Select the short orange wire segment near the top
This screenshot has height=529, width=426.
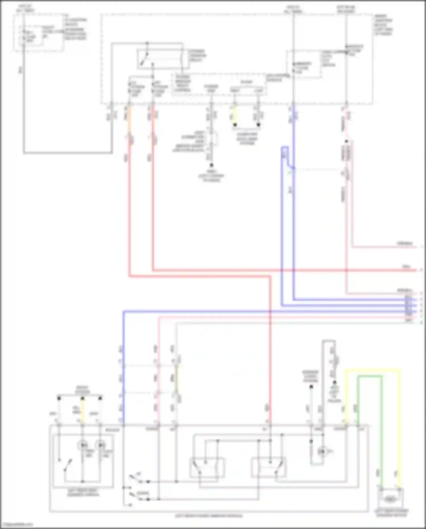pos(129,119)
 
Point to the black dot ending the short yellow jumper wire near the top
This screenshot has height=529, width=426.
pos(235,125)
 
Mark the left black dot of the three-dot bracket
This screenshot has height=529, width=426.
pos(59,398)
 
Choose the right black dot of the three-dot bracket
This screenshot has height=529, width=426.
pos(100,398)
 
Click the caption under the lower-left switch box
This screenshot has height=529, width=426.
pos(83,493)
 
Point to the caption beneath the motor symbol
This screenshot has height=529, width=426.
pos(392,513)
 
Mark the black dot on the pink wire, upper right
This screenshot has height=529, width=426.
pos(346,141)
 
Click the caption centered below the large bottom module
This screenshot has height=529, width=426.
pos(208,516)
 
